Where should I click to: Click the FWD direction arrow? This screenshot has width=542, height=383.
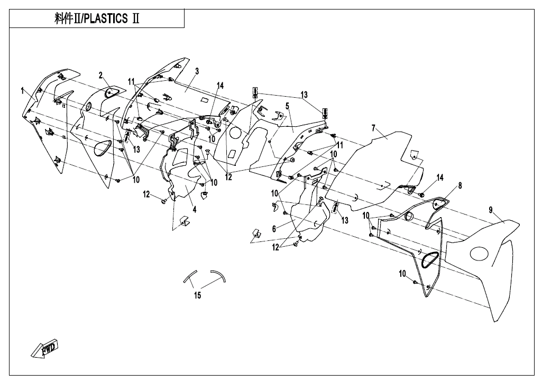click(45, 349)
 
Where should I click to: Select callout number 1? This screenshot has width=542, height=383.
click(23, 90)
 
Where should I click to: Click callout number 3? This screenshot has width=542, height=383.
click(197, 70)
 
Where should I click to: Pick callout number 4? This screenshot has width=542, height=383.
click(195, 209)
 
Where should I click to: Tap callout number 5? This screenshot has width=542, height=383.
click(287, 106)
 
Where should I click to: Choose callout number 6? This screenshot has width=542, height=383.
click(274, 229)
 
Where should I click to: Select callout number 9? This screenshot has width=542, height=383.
click(491, 210)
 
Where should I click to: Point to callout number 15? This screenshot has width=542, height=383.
click(197, 295)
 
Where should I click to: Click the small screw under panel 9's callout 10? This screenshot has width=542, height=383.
click(416, 283)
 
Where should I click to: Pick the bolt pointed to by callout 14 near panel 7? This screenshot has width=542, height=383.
click(421, 194)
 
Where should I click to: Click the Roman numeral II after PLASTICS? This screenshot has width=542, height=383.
click(135, 19)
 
